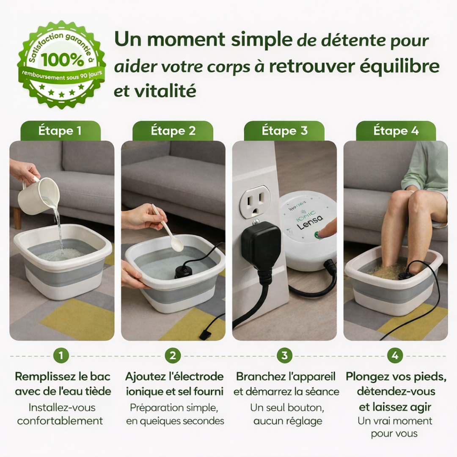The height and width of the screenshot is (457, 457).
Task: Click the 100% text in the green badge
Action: click(x=63, y=60)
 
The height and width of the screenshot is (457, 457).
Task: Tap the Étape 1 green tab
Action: click(x=60, y=131)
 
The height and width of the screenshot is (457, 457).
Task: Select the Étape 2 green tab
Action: click(x=173, y=131)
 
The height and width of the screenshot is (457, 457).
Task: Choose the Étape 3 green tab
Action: click(x=284, y=131)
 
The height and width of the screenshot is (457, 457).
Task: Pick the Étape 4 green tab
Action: click(x=396, y=131)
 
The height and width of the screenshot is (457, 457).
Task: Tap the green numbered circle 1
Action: click(x=61, y=356)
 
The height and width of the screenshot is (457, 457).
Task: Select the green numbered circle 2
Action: click(x=173, y=356)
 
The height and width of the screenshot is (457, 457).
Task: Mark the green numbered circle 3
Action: click(x=284, y=356)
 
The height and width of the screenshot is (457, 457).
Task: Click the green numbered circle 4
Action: click(x=395, y=356)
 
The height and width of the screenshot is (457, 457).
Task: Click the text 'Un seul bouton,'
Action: click(x=287, y=407)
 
